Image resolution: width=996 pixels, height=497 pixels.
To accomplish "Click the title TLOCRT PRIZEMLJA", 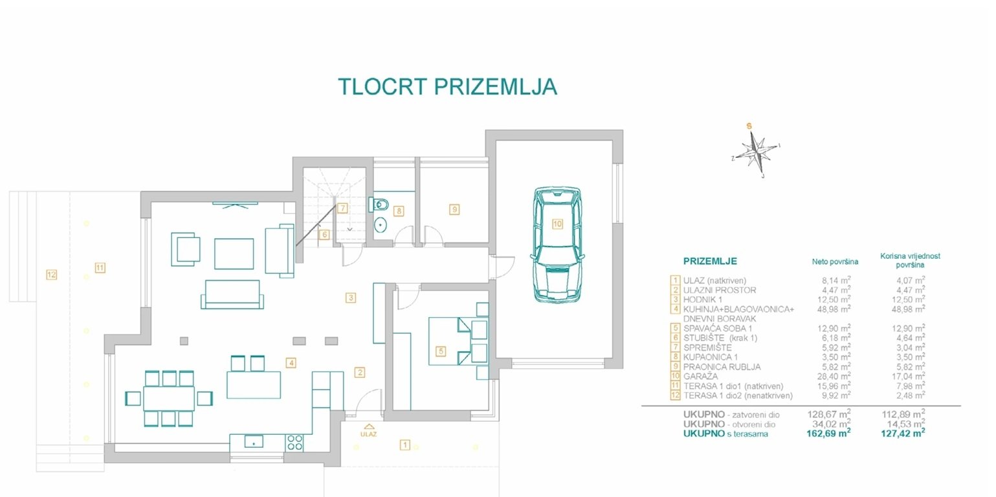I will click(447, 87).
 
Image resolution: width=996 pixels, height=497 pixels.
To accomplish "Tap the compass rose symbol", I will click(757, 150).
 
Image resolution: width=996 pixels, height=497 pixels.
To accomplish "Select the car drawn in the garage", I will click(557, 245).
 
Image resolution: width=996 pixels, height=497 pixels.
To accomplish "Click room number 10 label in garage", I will click(557, 224).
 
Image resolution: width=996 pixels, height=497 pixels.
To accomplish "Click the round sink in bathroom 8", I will click(381, 225).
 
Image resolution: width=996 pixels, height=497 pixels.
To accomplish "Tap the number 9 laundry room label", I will click(454, 209).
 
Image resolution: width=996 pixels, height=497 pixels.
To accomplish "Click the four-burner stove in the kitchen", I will click(294, 442).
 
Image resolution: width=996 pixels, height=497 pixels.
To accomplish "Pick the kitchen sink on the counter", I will click(253, 443).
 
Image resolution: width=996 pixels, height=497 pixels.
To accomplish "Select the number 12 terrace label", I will click(51, 275).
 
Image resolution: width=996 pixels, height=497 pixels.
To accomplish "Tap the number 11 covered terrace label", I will click(100, 267).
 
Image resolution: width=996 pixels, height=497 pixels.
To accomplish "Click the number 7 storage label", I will click(341, 208).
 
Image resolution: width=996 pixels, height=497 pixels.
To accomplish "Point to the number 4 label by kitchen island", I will click(292, 363).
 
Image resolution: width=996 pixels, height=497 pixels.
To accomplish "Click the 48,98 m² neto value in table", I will click(834, 309).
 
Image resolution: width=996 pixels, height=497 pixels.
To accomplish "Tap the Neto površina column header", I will click(835, 262).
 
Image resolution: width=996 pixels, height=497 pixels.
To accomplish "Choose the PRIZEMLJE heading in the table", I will click(710, 261).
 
